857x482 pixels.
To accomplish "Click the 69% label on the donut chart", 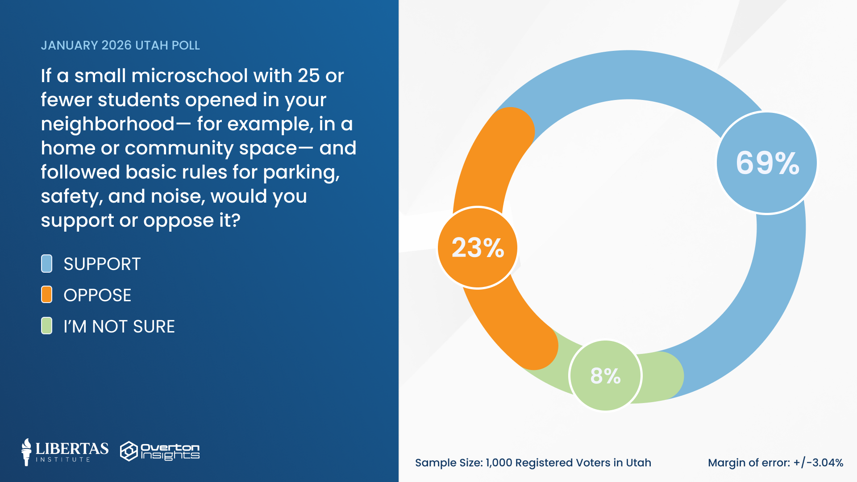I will tap(767, 163).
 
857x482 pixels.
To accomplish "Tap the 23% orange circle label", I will tap(478, 248).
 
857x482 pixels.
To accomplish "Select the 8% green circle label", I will tap(605, 376).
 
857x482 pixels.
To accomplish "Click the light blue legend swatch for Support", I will tap(46, 264).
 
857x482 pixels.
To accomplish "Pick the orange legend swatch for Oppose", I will tap(46, 295).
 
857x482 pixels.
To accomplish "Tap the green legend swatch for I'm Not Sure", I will tap(46, 326).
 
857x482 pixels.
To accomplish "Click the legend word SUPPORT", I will tap(102, 264).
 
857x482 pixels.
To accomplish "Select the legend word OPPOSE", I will tap(97, 295).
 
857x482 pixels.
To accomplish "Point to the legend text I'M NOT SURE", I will tap(119, 327).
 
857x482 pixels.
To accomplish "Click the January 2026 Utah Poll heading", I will tap(120, 46).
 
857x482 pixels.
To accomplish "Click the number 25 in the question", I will tap(309, 76).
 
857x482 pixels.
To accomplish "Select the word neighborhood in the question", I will tap(108, 124).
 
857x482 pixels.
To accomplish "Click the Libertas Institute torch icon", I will tap(26, 452).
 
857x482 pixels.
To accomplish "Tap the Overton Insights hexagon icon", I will tap(129, 451).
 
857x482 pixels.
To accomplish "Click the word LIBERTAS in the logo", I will tap(72, 449).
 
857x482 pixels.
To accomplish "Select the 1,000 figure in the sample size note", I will tap(499, 463).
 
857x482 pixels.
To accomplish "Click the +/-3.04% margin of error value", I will tap(818, 463).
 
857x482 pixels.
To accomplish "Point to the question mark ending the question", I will tap(235, 220).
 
